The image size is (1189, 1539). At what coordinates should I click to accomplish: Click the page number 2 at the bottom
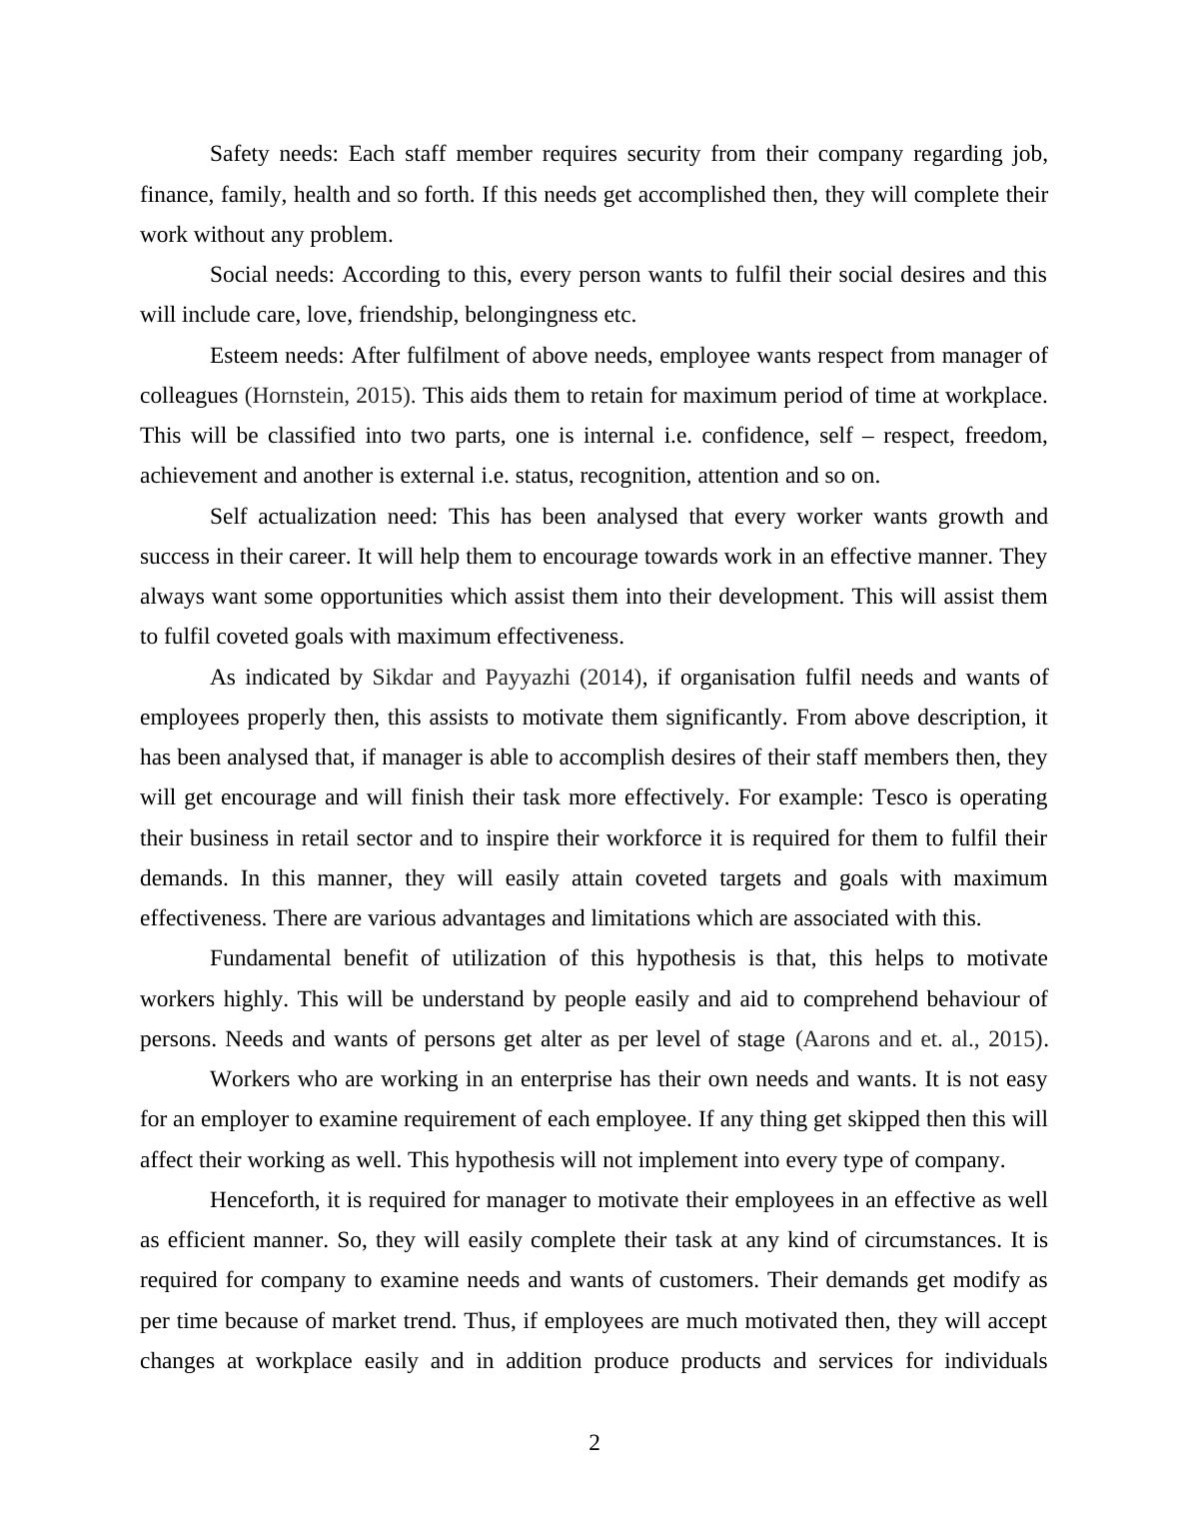pyautogui.click(x=594, y=1442)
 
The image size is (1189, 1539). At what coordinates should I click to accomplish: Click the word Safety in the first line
pyautogui.click(x=240, y=154)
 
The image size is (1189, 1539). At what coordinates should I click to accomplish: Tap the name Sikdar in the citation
pyautogui.click(x=402, y=678)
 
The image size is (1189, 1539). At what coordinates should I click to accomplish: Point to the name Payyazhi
pyautogui.click(x=527, y=678)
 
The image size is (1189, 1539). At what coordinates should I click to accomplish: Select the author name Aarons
pyautogui.click(x=836, y=1039)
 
